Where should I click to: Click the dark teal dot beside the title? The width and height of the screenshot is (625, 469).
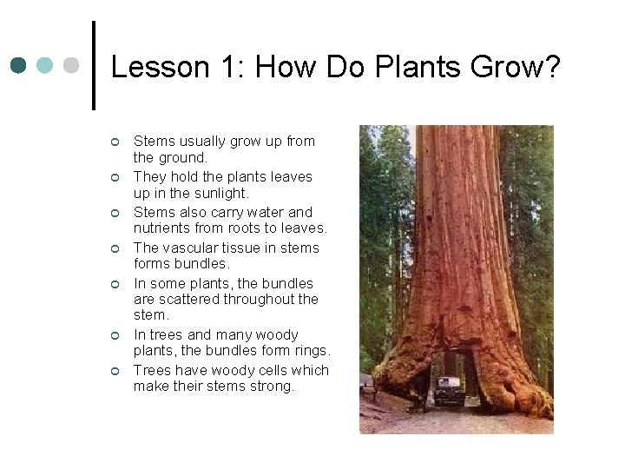[19, 66]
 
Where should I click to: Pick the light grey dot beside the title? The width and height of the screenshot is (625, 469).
[71, 66]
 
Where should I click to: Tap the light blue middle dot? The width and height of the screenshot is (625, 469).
[45, 66]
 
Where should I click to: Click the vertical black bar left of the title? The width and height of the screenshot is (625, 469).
[93, 66]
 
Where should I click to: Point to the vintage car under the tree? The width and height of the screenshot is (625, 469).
[449, 390]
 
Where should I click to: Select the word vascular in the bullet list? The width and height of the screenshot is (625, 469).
[187, 248]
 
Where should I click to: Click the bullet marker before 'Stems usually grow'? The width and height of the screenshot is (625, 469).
[113, 142]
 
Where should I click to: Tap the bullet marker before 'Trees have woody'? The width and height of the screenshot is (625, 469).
[113, 371]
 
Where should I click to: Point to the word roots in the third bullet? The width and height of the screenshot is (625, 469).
[255, 228]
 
